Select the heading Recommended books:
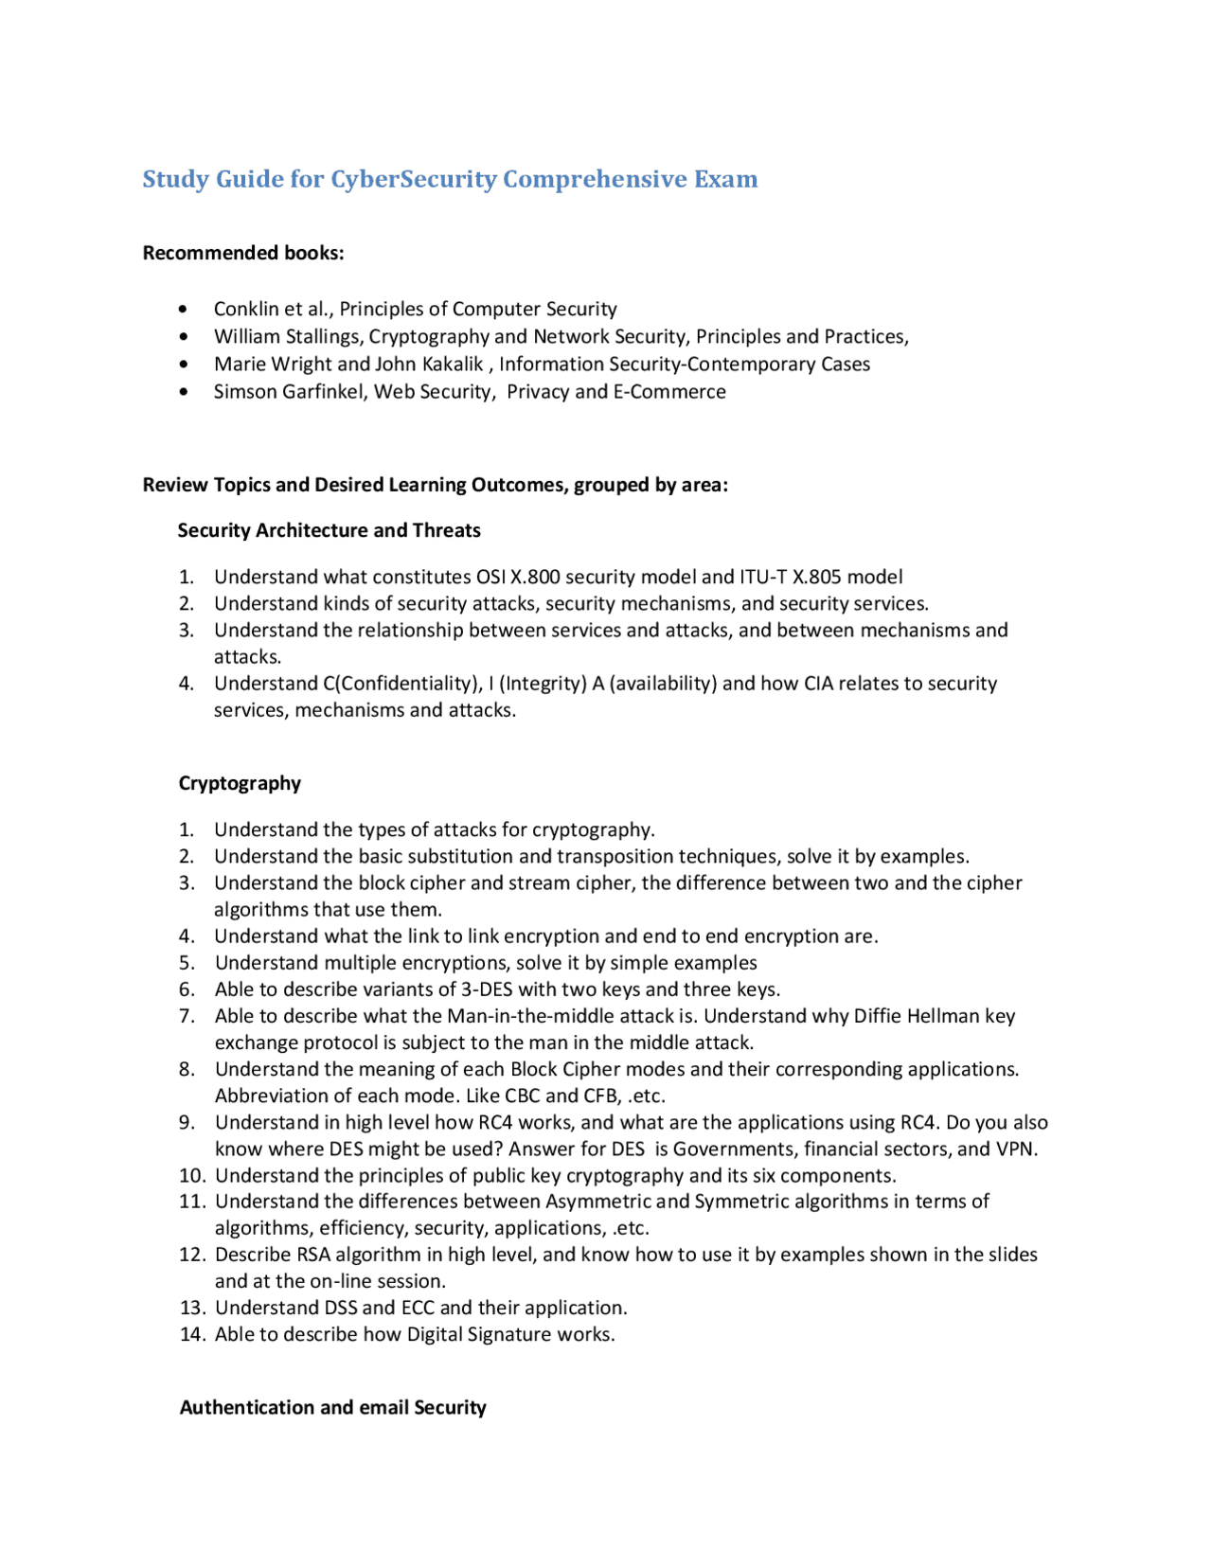point(243,253)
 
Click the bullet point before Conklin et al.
point(183,310)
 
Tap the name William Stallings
point(287,337)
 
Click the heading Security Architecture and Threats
point(329,530)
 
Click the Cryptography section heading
point(240,783)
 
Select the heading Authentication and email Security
point(332,1407)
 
